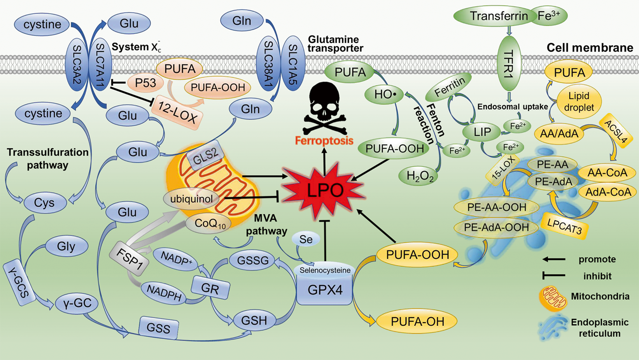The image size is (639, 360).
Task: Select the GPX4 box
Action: click(325, 290)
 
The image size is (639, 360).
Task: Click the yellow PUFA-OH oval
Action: click(417, 321)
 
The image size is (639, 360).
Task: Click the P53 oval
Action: click(145, 83)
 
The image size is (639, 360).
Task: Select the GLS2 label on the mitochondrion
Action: click(206, 155)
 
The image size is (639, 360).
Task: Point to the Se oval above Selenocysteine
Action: click(306, 239)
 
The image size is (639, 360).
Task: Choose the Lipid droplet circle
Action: click(579, 102)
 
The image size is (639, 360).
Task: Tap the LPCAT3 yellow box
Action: click(564, 226)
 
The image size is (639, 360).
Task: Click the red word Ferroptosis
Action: click(324, 140)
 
